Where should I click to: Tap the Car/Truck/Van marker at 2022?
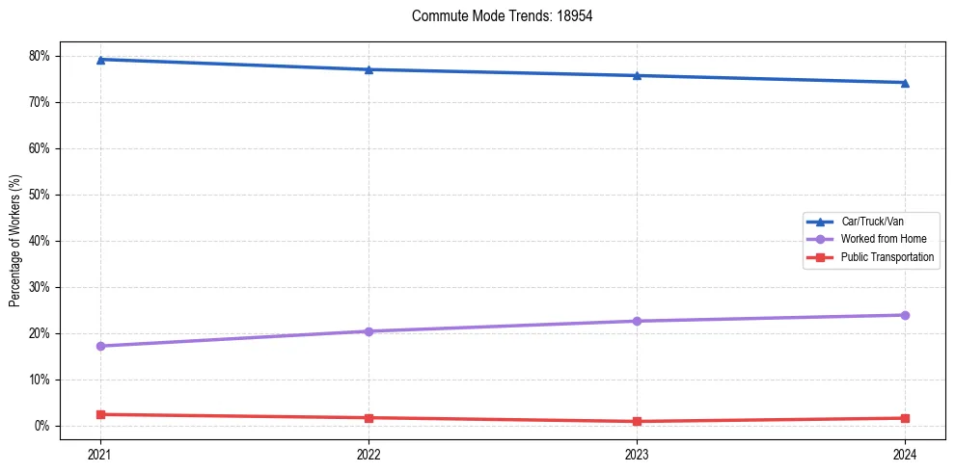point(368,69)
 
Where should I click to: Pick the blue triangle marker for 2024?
point(905,83)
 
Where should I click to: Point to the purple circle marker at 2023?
point(637,321)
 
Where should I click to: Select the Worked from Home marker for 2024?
point(905,315)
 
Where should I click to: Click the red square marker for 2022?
point(368,418)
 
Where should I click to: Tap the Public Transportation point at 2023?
point(637,421)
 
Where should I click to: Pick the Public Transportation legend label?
point(887,257)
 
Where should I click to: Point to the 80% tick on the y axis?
point(41,56)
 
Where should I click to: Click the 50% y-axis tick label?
point(41,195)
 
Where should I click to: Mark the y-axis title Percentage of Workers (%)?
point(14,241)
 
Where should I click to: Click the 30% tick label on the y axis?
point(41,287)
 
